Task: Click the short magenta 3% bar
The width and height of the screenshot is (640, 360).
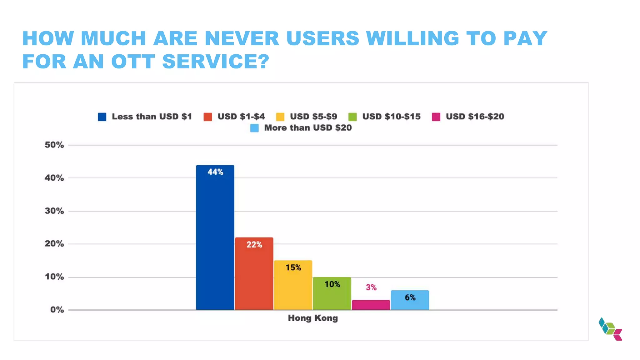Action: [371, 305]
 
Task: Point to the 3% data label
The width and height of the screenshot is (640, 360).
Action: [371, 287]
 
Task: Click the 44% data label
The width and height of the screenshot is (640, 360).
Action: [215, 172]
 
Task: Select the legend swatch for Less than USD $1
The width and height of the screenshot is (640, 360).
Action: [102, 117]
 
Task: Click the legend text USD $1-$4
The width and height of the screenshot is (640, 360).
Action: [241, 117]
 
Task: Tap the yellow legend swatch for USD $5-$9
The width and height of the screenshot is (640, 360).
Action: [280, 117]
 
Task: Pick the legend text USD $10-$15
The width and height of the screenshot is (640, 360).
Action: [391, 117]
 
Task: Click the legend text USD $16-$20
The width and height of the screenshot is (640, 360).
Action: [475, 117]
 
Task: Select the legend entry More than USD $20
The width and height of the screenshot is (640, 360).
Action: [307, 128]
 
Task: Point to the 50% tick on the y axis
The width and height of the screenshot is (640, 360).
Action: [54, 145]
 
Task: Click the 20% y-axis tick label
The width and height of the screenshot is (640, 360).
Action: [54, 244]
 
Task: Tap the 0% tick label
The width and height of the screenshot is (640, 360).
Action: [57, 310]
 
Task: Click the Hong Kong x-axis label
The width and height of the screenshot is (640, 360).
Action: [313, 318]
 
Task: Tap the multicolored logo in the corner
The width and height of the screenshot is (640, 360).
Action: [610, 329]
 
